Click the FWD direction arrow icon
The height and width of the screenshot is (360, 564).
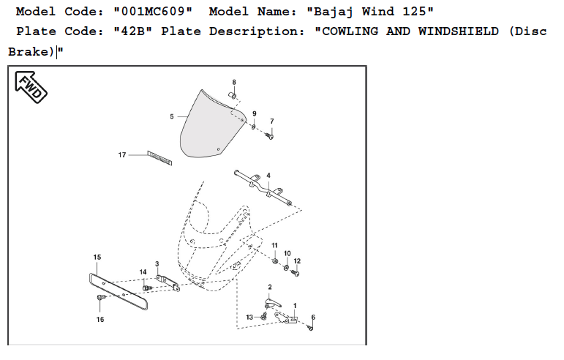point(30,87)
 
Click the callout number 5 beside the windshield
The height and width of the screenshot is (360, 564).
point(172,116)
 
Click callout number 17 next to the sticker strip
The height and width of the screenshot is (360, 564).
point(122,155)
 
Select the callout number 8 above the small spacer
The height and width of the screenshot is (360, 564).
point(234,82)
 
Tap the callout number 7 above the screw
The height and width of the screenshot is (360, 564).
point(271,121)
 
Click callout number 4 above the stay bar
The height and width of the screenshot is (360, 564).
point(268,176)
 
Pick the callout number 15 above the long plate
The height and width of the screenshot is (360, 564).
point(97,258)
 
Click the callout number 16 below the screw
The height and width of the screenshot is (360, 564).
point(100,320)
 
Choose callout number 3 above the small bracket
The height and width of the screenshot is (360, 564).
point(157,263)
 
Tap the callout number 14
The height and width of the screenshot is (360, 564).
point(143,273)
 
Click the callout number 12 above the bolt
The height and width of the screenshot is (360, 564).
point(297,261)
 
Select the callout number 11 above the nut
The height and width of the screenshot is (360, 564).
point(274,245)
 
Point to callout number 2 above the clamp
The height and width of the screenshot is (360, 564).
point(270,287)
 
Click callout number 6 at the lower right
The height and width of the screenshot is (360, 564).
point(313,318)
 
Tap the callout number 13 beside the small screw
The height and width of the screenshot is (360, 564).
point(249,317)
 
